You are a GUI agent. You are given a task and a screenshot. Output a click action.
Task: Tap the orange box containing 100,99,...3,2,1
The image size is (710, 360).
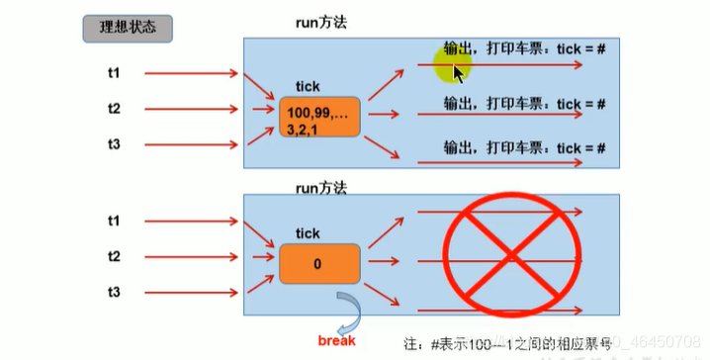pos(319,120)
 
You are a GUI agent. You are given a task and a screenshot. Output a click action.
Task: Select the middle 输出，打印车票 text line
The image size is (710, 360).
pos(524,103)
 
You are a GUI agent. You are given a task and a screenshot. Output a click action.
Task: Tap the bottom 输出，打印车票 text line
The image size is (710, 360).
pos(524,147)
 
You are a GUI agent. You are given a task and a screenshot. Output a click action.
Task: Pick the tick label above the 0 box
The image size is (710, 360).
pos(308,233)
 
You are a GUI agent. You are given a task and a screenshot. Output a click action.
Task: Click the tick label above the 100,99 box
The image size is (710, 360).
pos(308,88)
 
